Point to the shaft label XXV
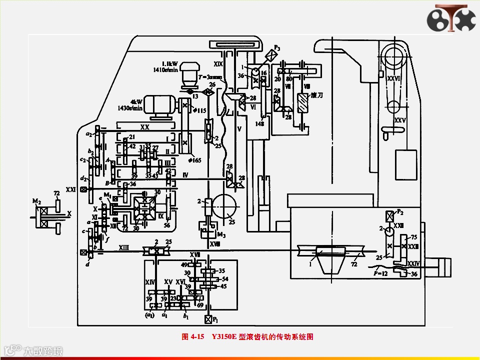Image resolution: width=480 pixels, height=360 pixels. pos(399,120)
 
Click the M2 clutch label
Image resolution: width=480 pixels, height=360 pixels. pos(36,200)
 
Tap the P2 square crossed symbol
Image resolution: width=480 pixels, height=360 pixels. pos(388,216)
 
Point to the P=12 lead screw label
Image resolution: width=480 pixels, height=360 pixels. pos(381,273)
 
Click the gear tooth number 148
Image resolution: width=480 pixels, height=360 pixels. pos(259,124)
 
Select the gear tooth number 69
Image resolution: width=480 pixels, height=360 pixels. pos(200,304)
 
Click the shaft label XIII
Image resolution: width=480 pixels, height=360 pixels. pos(123,247)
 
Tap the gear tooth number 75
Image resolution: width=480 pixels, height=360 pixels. pos(413,237)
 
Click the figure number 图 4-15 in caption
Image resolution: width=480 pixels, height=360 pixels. pos(193,337)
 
